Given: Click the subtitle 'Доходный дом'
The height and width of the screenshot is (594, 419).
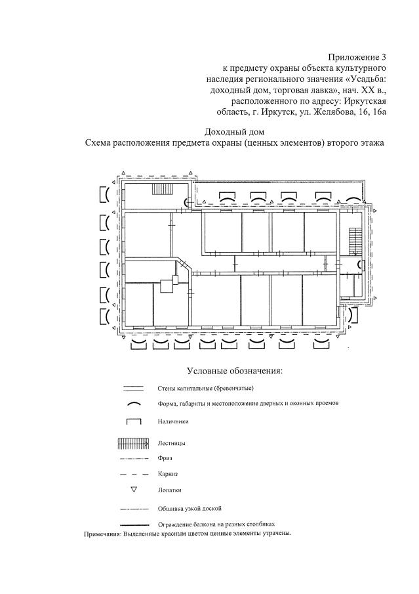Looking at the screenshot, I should [234, 131].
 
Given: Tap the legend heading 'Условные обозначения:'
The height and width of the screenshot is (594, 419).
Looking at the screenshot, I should [235, 371].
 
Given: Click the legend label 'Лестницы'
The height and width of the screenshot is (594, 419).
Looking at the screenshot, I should [172, 444].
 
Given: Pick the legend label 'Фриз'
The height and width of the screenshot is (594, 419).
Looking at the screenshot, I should [165, 458].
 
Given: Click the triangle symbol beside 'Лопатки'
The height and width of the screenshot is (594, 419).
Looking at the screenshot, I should [134, 490].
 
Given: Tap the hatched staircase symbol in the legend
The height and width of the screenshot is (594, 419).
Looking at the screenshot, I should [134, 444].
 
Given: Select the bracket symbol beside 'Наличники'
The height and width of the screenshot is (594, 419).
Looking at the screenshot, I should [134, 422].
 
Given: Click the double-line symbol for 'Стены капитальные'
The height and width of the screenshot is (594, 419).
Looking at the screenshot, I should [134, 389].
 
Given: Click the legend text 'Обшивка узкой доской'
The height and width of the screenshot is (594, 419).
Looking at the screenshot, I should [190, 508].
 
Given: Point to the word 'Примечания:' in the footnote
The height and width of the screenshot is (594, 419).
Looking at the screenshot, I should [105, 534].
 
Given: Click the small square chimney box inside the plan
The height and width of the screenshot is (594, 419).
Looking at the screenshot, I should [167, 286].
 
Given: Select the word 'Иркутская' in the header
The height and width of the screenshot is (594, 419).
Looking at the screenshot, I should [363, 101].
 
